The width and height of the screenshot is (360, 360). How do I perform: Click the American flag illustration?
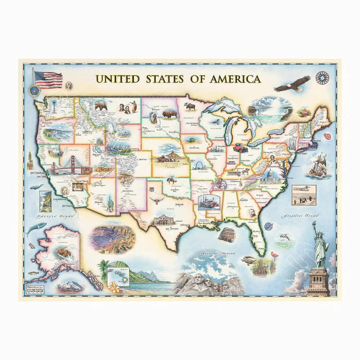47,80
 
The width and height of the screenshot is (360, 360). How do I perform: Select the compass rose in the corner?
322,78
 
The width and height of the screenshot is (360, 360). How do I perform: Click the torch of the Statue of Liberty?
313,224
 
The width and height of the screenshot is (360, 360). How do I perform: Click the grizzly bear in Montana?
101,105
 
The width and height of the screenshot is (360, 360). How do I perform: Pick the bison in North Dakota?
169,113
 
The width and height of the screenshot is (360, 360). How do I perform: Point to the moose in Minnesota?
190,106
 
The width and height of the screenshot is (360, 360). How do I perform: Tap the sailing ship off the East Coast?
318,166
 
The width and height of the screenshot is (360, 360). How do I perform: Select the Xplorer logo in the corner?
34,289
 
